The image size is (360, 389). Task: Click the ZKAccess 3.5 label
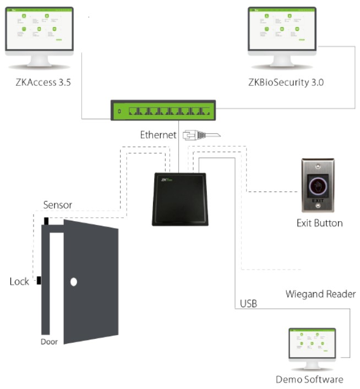click(x=45, y=83)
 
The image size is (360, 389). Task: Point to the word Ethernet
click(x=159, y=134)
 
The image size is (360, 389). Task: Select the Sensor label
click(x=57, y=205)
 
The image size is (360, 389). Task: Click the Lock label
click(x=20, y=282)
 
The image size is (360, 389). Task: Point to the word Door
click(x=49, y=341)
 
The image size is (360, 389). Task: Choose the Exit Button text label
click(x=320, y=223)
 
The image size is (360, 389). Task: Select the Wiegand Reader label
click(x=320, y=293)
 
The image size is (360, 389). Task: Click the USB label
click(x=248, y=303)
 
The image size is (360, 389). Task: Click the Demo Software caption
click(x=310, y=379)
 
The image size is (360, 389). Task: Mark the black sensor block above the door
click(x=46, y=221)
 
